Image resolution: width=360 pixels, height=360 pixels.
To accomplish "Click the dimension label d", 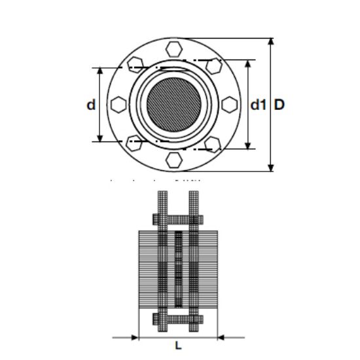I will point(91,104).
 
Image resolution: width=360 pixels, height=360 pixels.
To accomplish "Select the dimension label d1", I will point(259,104).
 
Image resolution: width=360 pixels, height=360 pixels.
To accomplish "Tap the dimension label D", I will point(279,104).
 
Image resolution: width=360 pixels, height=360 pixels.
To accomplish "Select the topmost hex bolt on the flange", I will point(174,48).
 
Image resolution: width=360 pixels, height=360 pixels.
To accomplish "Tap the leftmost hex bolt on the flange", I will point(118,104).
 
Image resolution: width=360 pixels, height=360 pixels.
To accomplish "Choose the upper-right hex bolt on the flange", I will point(213,65).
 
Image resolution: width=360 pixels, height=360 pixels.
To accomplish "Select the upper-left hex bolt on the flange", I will point(135,64).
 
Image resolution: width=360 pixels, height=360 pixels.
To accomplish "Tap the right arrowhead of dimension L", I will point(220,337).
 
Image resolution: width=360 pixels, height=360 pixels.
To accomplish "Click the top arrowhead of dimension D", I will point(272,41).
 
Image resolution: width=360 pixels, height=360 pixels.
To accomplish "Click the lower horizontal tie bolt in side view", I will point(177,319).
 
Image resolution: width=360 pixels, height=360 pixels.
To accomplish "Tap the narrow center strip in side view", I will point(177,268).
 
